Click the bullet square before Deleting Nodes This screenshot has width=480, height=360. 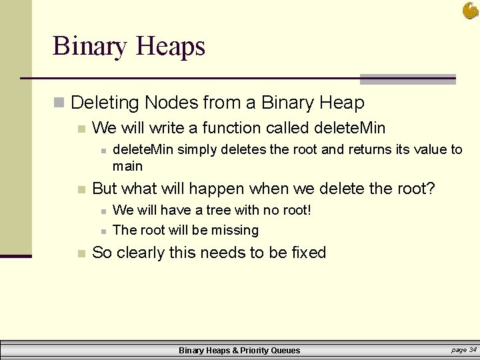click(59, 103)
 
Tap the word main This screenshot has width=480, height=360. click(127, 165)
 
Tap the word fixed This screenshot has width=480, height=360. click(309, 253)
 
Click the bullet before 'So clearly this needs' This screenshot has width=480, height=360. click(81, 253)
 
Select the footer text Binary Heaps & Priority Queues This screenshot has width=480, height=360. click(239, 350)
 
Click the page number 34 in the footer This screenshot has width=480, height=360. click(472, 349)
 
